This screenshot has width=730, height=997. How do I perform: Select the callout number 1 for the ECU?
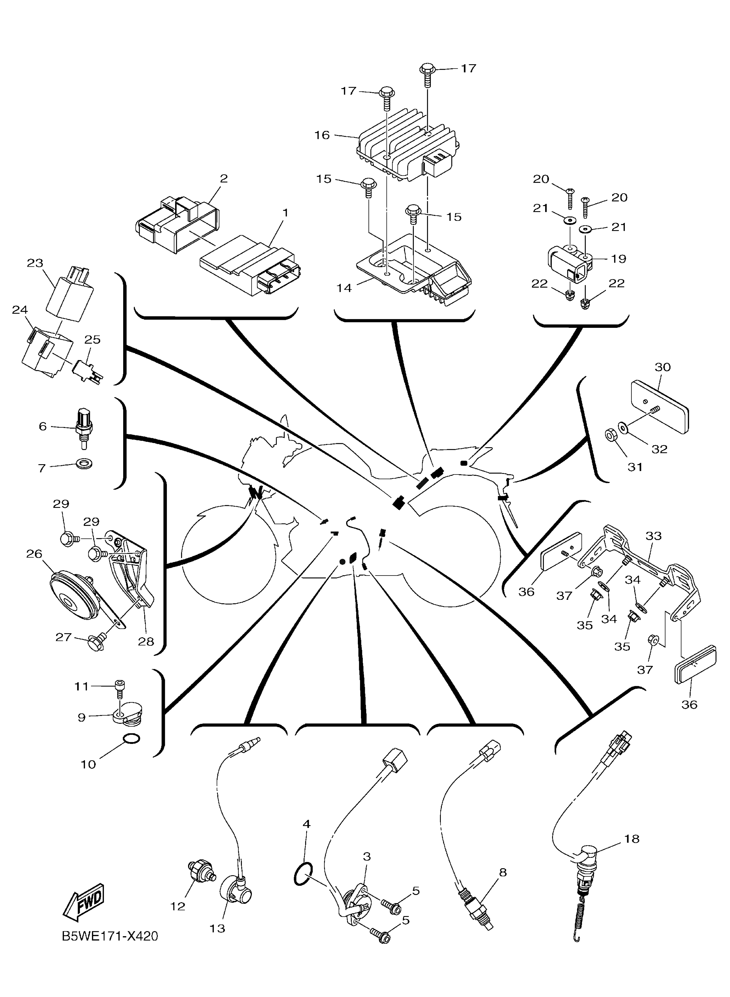285,213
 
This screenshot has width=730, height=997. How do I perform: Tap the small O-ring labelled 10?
131,739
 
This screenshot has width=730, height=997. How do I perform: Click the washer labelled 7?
84,464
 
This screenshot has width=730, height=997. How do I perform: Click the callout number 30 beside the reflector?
662,367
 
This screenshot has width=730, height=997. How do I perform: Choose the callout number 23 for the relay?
35,263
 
